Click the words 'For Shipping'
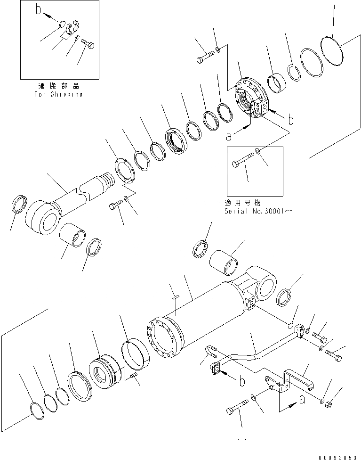59,94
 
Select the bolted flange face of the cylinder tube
163,339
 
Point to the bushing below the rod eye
73,235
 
